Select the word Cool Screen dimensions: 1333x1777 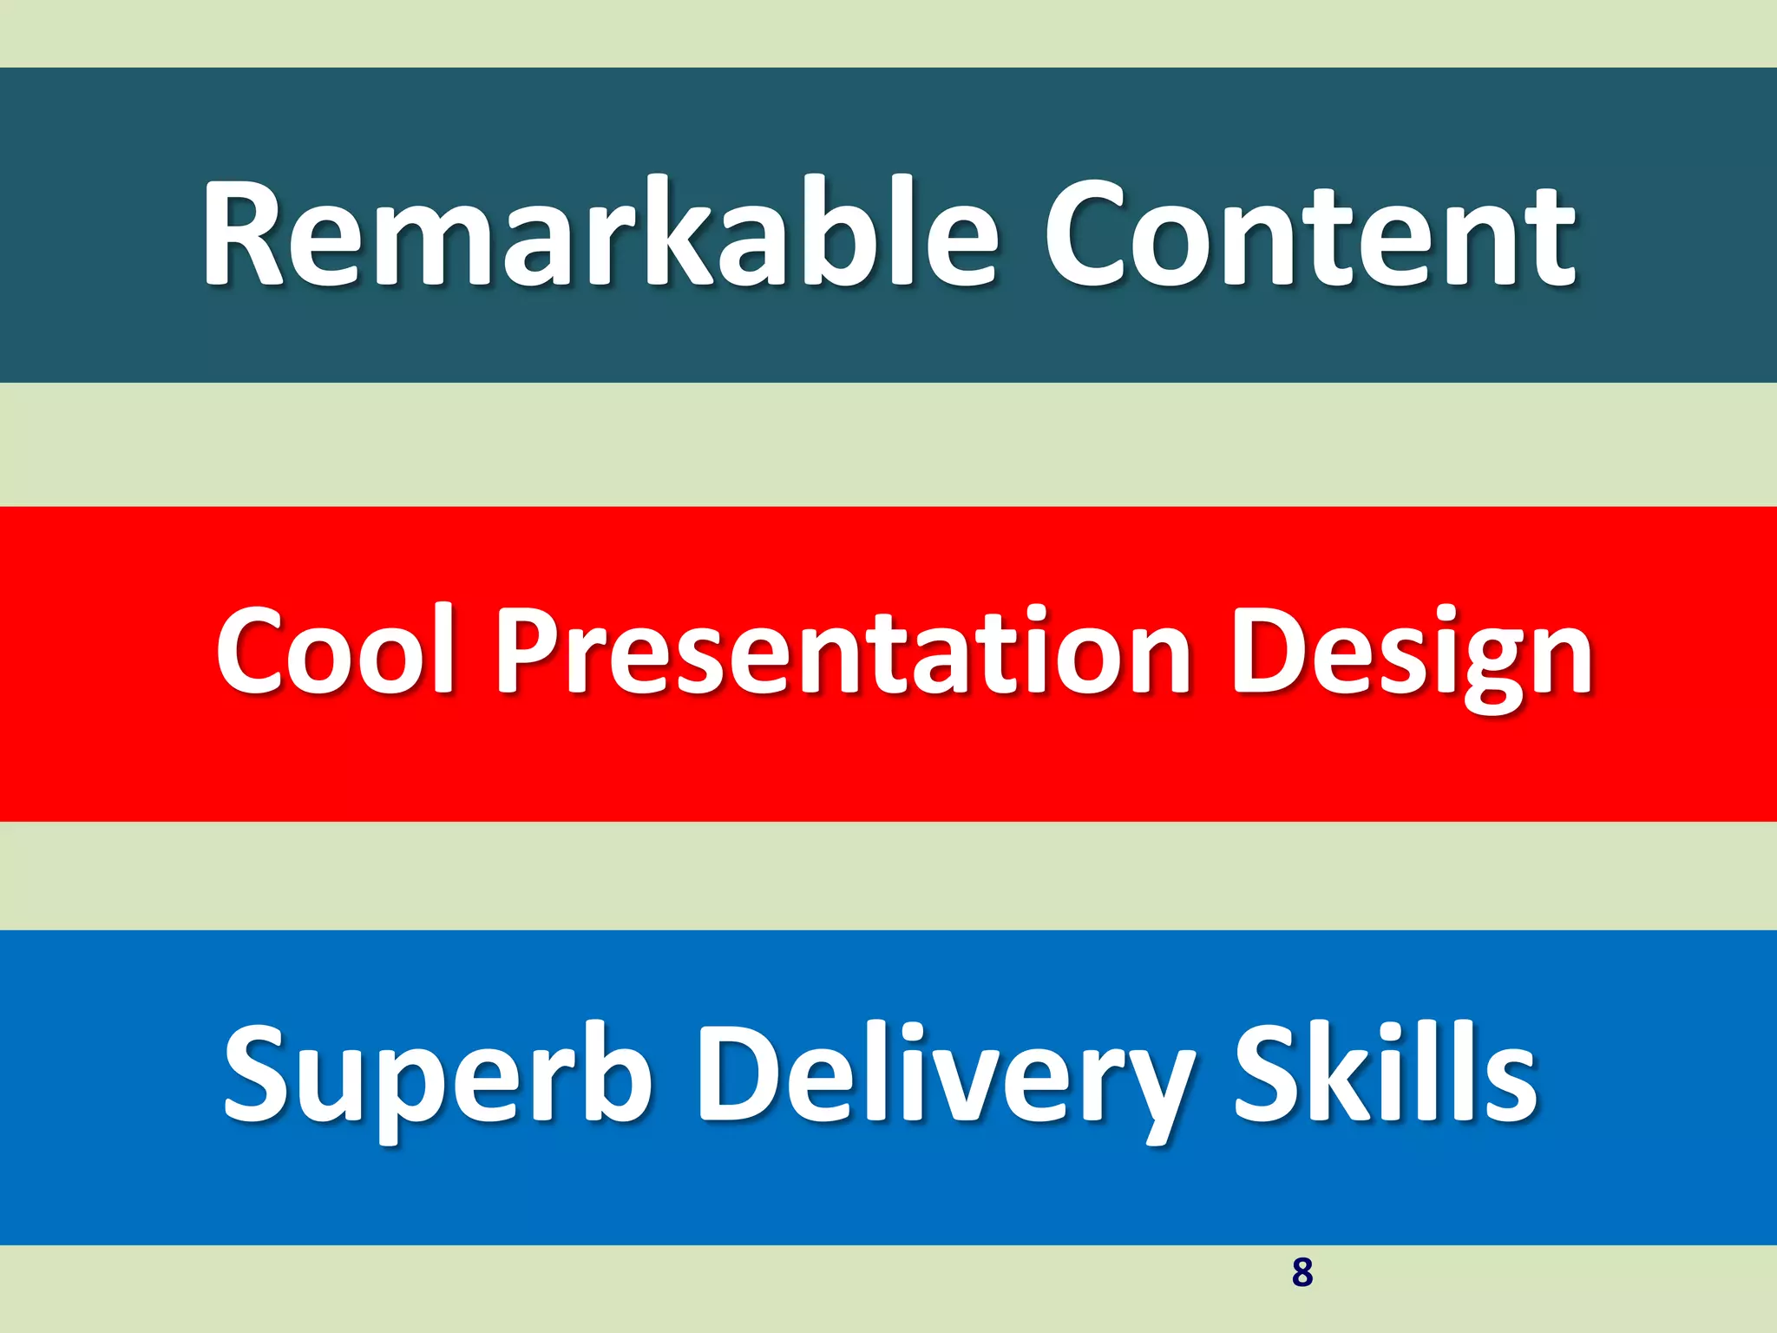pyautogui.click(x=335, y=651)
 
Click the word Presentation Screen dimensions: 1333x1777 pyautogui.click(x=842, y=651)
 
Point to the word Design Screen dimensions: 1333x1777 pyautogui.click(x=1411, y=655)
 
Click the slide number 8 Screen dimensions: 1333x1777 pyautogui.click(x=1302, y=1272)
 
